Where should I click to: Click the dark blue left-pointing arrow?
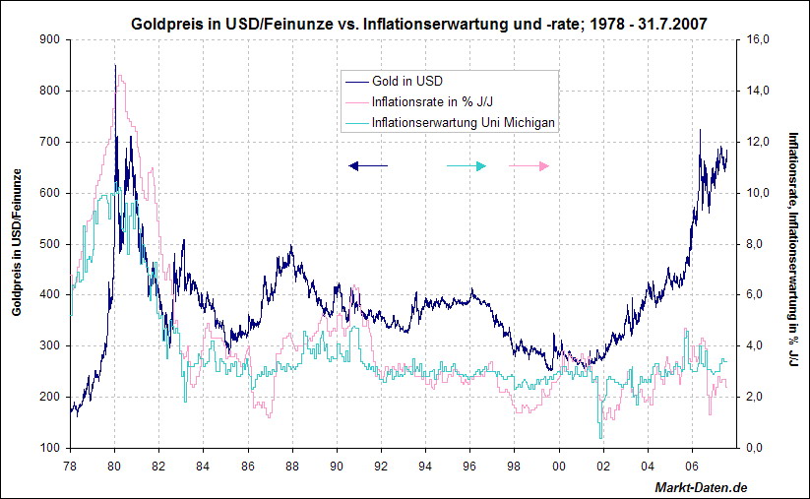click(368, 166)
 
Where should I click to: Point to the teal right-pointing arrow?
click(467, 166)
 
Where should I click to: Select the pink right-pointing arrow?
click(529, 166)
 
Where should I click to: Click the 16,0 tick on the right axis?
click(759, 39)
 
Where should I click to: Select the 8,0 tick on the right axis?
click(759, 244)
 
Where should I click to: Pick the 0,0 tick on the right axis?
click(759, 448)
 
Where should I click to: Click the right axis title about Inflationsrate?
click(791, 251)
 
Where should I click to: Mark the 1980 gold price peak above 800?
click(115, 67)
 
